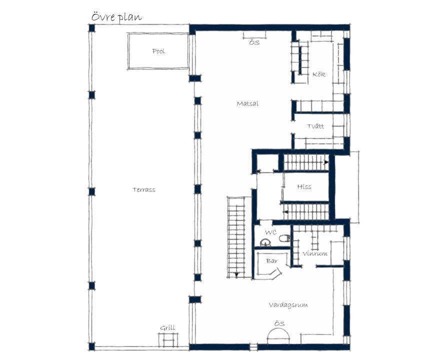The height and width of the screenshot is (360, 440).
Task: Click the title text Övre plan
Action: pyautogui.click(x=116, y=17)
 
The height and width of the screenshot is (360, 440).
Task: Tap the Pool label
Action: pyautogui.click(x=158, y=51)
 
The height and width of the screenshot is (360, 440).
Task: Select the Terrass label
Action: pyautogui.click(x=144, y=189)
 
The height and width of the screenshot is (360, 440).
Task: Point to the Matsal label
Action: pyautogui.click(x=247, y=103)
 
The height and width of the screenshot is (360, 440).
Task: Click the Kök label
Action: pyautogui.click(x=319, y=74)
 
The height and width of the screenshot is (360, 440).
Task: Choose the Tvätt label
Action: pyautogui.click(x=315, y=126)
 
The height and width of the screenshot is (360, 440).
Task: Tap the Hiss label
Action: pyautogui.click(x=304, y=186)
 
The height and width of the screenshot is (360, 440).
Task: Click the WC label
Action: pyautogui.click(x=271, y=232)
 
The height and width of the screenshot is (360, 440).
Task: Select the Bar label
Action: pyautogui.click(x=272, y=261)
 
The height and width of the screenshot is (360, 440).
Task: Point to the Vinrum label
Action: pyautogui.click(x=315, y=253)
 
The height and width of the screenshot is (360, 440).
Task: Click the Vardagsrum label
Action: pyautogui.click(x=288, y=304)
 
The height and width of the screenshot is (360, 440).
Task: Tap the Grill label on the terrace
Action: pyautogui.click(x=167, y=327)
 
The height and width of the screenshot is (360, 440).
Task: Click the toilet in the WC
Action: pyautogui.click(x=285, y=238)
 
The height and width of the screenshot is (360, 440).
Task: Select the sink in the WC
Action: pyautogui.click(x=265, y=242)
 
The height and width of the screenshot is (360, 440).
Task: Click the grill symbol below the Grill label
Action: pyautogui.click(x=168, y=340)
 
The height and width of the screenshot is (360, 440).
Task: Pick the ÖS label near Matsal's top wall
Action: pyautogui.click(x=254, y=42)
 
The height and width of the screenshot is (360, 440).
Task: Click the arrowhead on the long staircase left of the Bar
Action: pyautogui.click(x=236, y=274)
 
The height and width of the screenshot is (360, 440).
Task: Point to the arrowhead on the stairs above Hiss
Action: pyautogui.click(x=326, y=162)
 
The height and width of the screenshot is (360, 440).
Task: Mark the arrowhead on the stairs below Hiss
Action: pyautogui.click(x=285, y=212)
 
